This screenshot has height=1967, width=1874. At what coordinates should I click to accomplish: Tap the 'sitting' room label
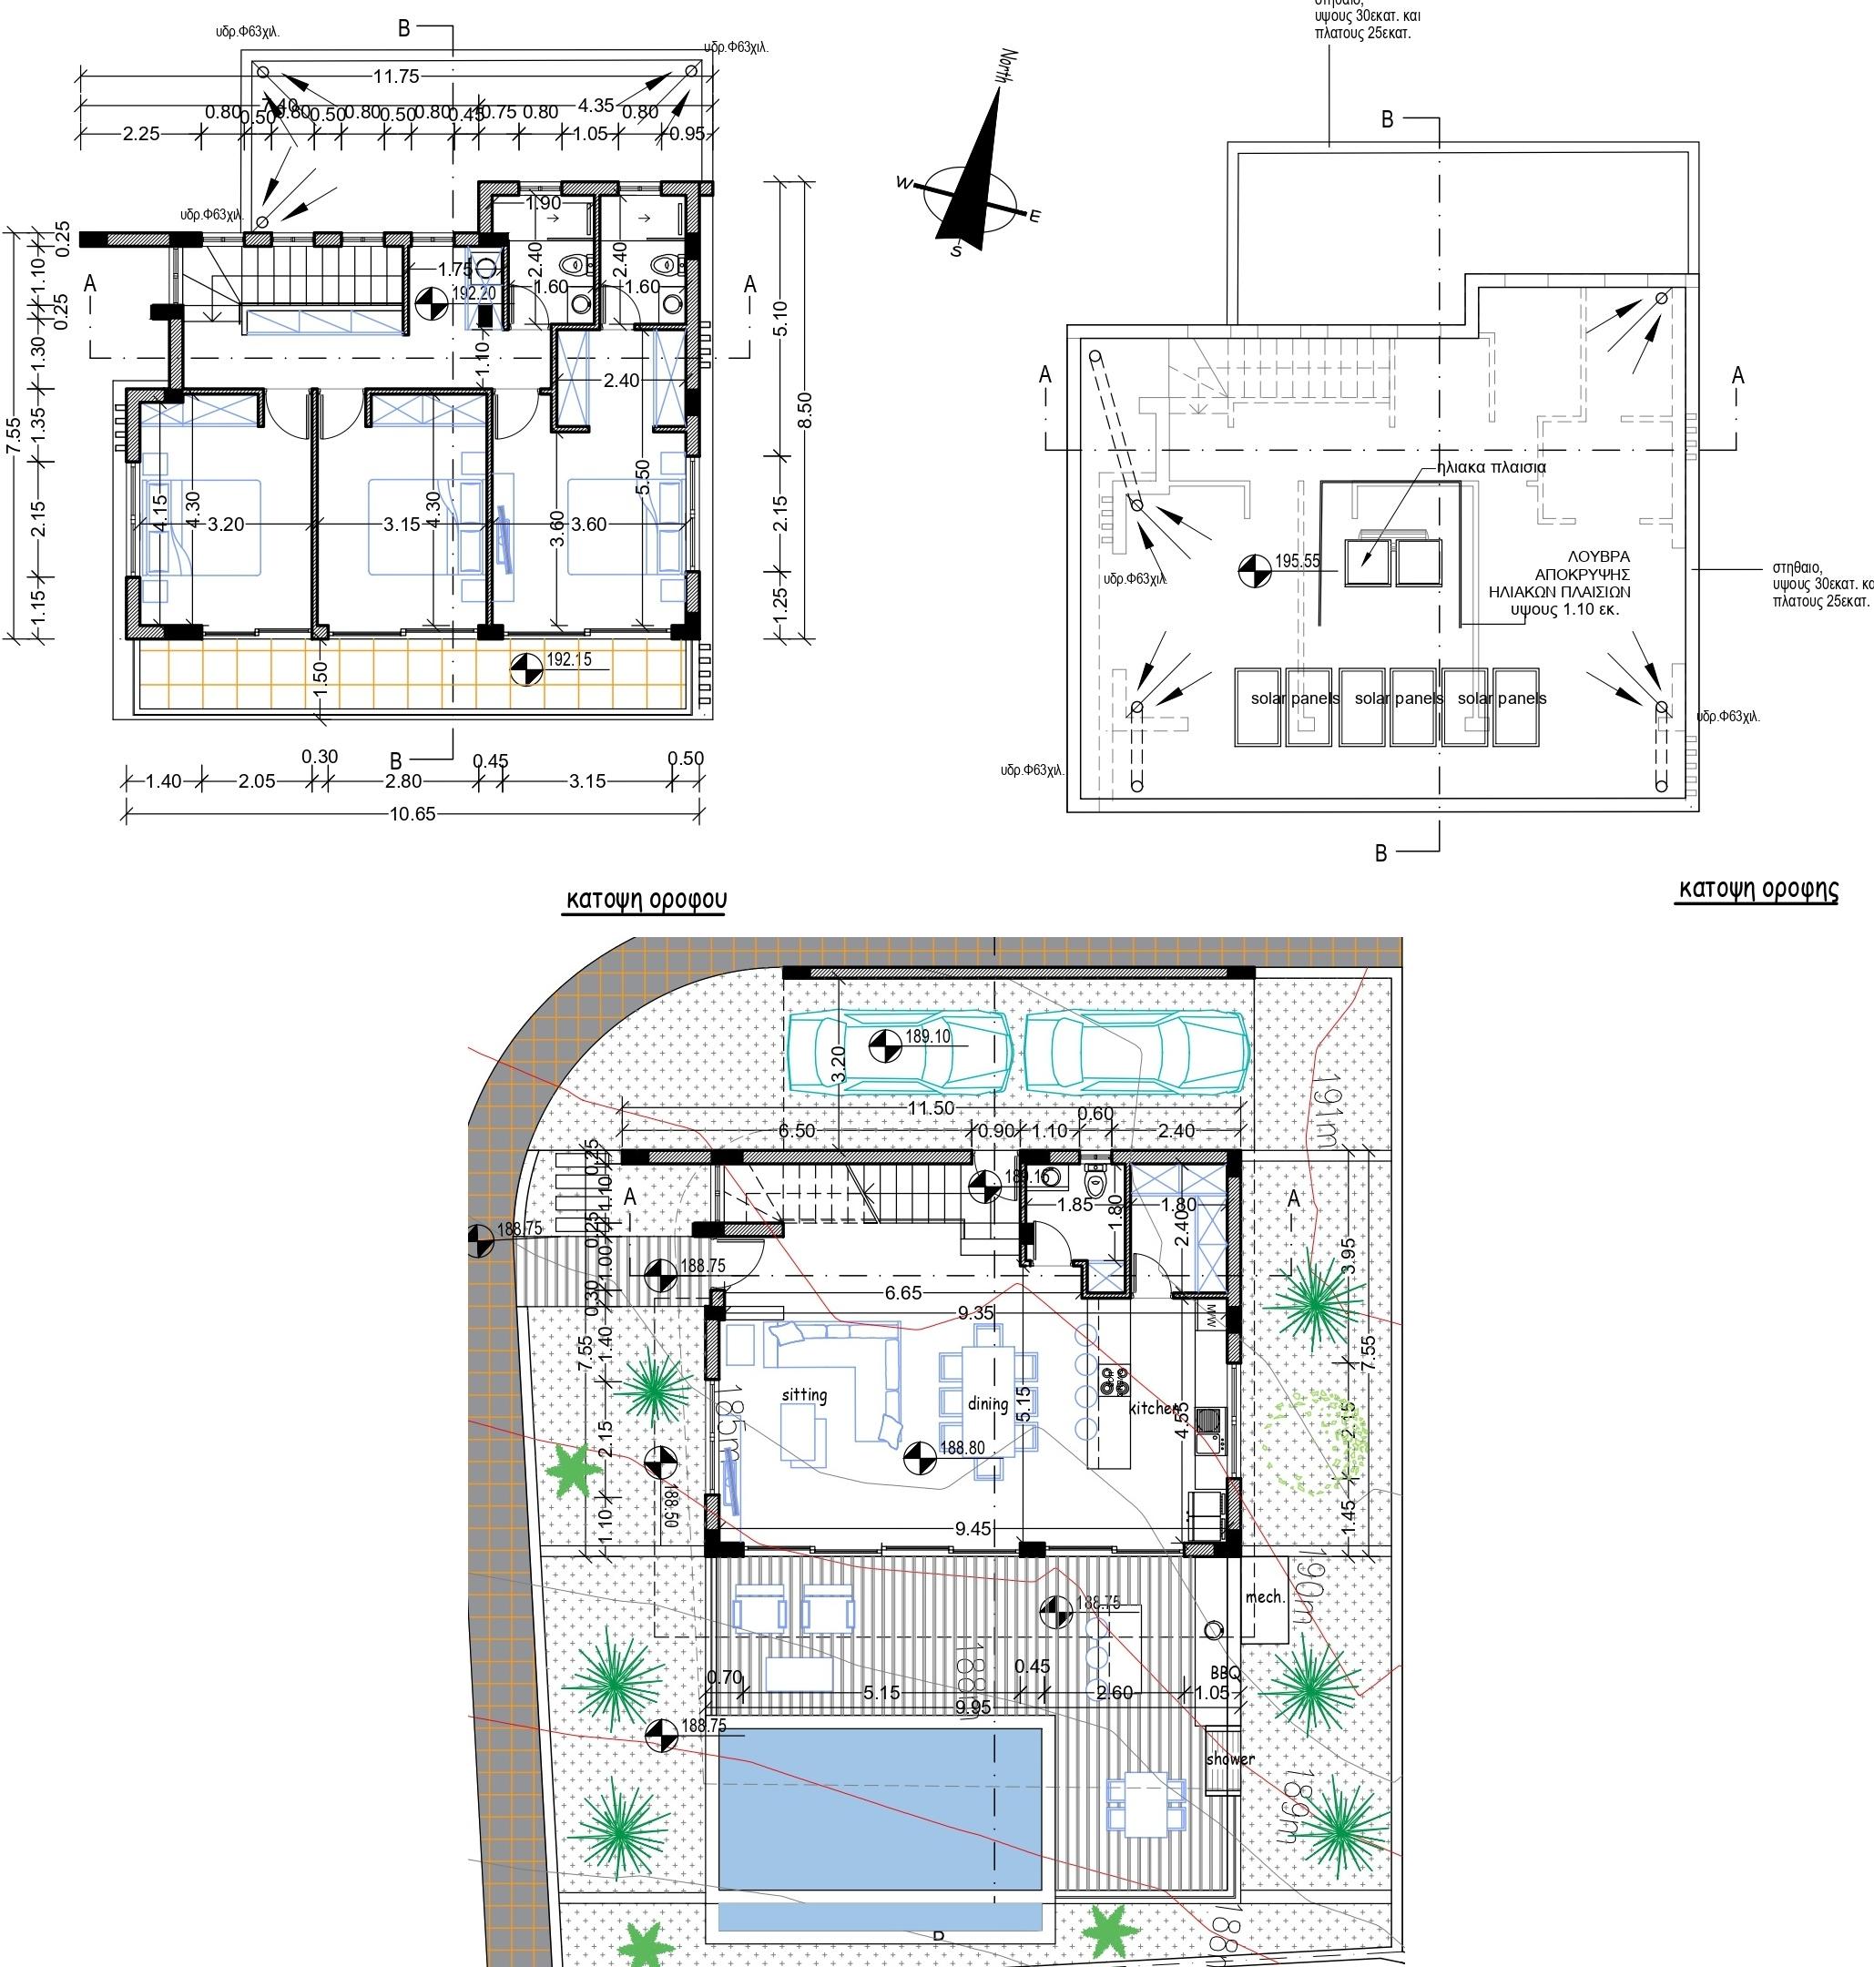point(804,1394)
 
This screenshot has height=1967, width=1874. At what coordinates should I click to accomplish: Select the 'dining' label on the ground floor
point(987,1402)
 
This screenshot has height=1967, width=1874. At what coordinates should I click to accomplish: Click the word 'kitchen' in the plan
point(1154,1408)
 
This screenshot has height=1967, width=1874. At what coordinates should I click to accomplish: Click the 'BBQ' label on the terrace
point(1224,1671)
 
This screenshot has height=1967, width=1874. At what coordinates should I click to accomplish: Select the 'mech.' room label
point(1264,1596)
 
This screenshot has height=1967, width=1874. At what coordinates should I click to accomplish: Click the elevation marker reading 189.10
point(927,1037)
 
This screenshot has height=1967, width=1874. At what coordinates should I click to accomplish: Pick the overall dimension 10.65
point(412,813)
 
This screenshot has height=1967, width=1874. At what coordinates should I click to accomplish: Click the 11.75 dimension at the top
point(397,76)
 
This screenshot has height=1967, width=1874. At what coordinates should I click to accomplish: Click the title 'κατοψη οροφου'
point(647,899)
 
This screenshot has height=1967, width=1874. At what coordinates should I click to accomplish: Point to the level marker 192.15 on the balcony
point(568,659)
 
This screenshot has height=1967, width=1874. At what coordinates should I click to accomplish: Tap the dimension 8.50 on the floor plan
point(805,409)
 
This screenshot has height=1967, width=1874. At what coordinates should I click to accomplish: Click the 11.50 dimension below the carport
point(930,1108)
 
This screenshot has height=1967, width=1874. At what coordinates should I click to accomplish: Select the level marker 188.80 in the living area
point(962,1448)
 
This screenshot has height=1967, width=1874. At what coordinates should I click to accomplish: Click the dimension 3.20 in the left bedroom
point(226,525)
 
